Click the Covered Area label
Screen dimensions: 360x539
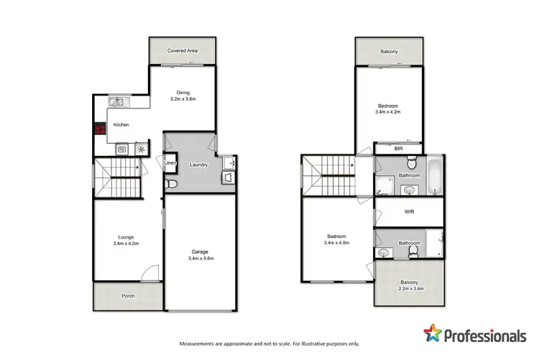click(182, 51)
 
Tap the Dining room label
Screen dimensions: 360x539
click(182, 96)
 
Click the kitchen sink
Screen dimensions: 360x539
click(117, 102)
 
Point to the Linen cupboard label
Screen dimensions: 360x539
click(170, 164)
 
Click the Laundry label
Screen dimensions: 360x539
click(199, 165)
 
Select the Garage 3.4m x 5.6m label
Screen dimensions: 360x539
click(199, 255)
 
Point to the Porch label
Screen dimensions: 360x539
click(128, 295)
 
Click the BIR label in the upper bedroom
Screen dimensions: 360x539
click(398, 148)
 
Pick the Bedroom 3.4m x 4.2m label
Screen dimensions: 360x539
click(388, 109)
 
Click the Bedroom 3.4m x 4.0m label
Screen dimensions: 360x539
click(336, 241)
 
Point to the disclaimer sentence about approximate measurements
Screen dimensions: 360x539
click(269, 342)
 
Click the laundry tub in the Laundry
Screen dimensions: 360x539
click(229, 176)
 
